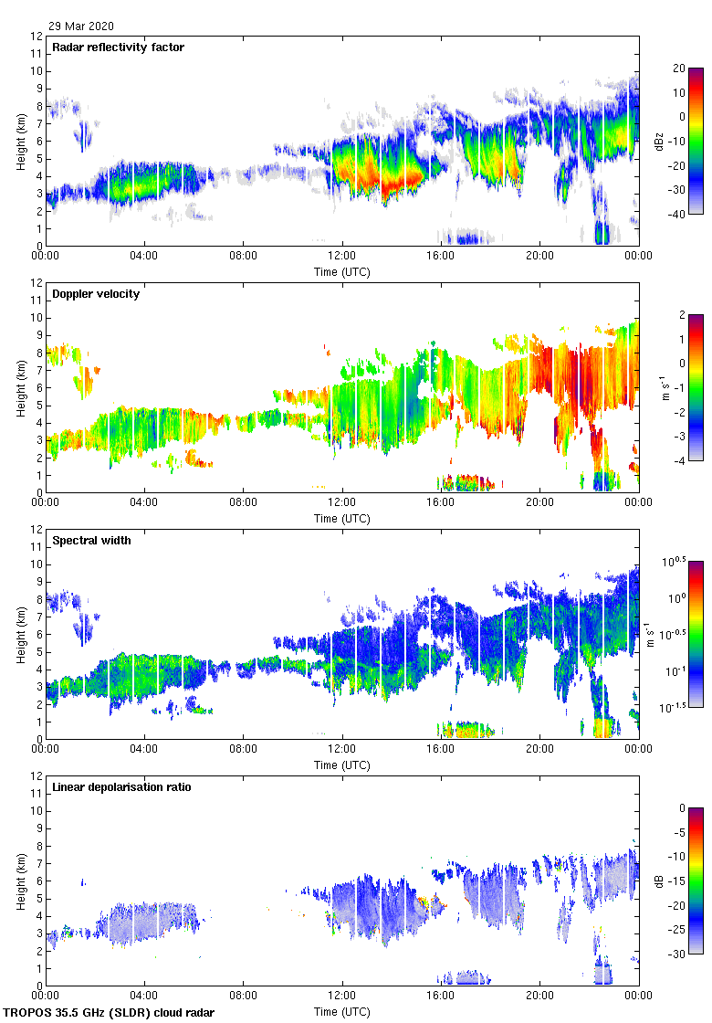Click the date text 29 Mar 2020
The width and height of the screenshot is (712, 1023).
point(82,26)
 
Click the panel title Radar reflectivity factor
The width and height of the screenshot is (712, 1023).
point(119,47)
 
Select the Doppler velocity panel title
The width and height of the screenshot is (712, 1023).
point(96,294)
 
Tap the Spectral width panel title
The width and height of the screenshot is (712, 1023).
point(91,541)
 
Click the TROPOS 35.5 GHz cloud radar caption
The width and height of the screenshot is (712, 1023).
point(110,1013)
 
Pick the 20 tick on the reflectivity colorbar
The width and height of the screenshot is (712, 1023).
point(678,69)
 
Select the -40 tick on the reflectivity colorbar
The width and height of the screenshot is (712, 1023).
point(678,214)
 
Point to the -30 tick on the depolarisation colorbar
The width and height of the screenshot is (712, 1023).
point(678,954)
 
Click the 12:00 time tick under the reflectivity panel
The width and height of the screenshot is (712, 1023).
point(342,256)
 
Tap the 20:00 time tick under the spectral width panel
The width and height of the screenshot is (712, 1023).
point(539,749)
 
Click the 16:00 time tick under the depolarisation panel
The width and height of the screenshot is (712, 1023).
point(441,996)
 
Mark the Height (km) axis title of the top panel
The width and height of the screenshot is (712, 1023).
point(20,141)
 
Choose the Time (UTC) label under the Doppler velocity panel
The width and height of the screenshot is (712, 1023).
point(342,519)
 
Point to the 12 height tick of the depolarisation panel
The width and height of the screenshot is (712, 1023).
point(37,776)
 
